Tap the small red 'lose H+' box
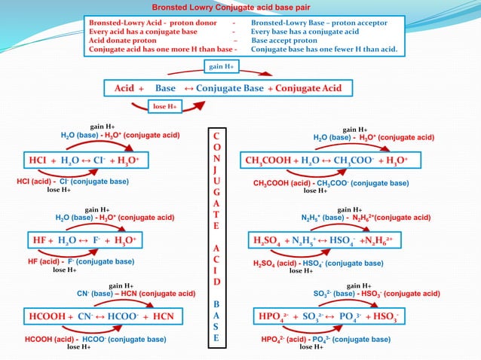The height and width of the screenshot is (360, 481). click(x=165, y=107)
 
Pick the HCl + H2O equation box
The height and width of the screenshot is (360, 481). click(x=84, y=160)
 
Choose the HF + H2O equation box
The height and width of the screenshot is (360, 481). click(x=82, y=240)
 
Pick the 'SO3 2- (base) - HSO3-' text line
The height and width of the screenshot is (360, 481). click(x=376, y=294)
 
